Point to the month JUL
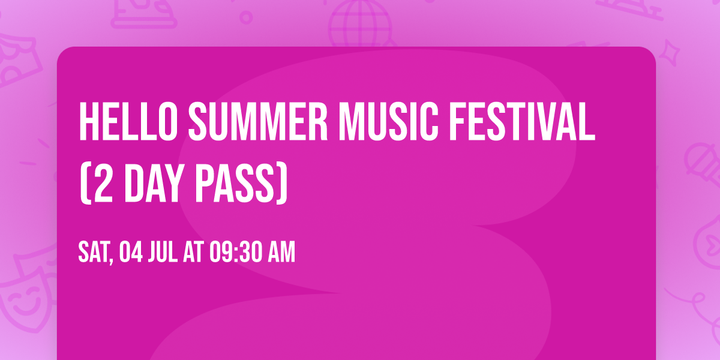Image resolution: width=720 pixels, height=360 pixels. [x=162, y=253]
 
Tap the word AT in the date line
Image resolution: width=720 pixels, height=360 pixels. [x=194, y=253]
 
